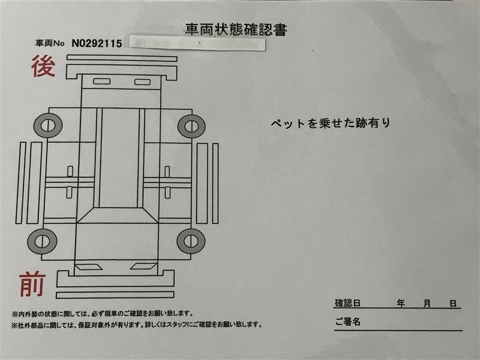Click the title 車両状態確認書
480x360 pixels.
point(236,29)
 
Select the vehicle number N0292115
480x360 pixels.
point(97,43)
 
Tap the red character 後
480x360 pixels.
point(43,66)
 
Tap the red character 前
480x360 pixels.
point(32,284)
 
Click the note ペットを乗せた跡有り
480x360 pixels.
point(331,123)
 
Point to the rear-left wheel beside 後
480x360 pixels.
point(48,125)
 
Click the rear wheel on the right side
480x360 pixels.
point(191,126)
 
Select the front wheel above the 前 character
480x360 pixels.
point(42,241)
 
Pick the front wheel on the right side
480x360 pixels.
point(191,241)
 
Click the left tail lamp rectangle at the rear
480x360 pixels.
point(101,82)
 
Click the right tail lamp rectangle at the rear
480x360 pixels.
point(142,82)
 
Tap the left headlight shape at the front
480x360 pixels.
point(89,267)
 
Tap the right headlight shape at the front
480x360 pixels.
point(143,266)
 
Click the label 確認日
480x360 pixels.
point(347,303)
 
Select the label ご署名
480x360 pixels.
point(348,322)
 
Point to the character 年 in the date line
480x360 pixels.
point(401,304)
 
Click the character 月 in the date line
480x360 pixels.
point(427,304)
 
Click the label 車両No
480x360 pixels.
point(50,43)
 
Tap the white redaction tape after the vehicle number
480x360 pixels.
point(197,43)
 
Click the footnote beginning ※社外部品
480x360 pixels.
point(137,325)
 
